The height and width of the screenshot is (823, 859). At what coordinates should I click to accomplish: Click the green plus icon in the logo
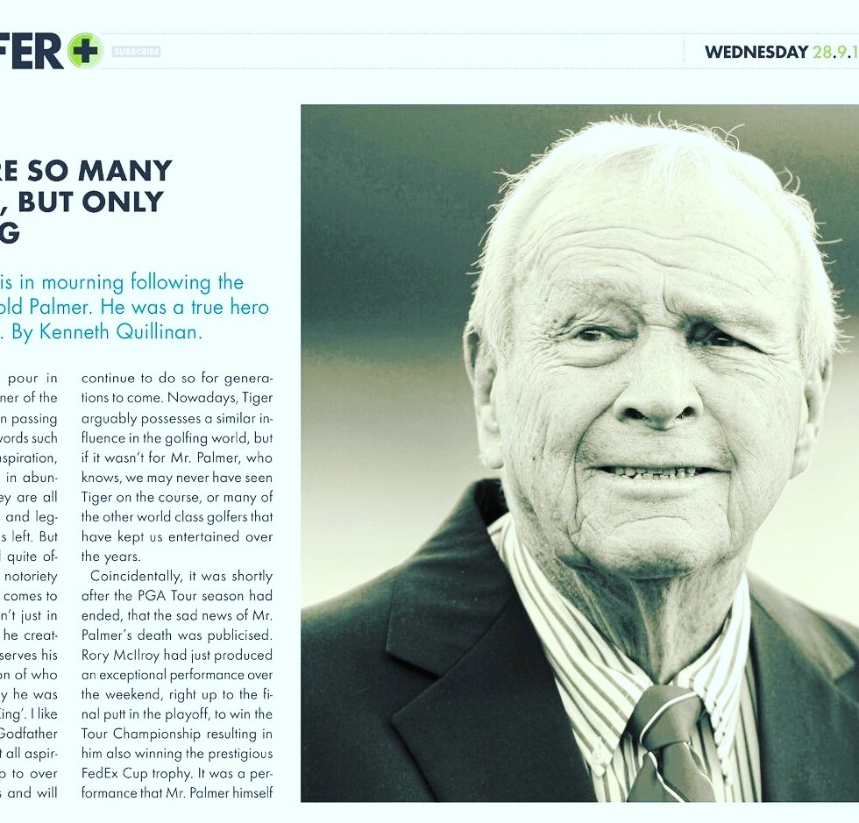[85, 51]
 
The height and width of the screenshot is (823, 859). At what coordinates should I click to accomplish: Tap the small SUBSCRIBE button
[136, 52]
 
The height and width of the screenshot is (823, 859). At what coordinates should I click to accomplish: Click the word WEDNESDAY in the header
[756, 52]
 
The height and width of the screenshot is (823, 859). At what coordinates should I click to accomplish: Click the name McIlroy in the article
[138, 655]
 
